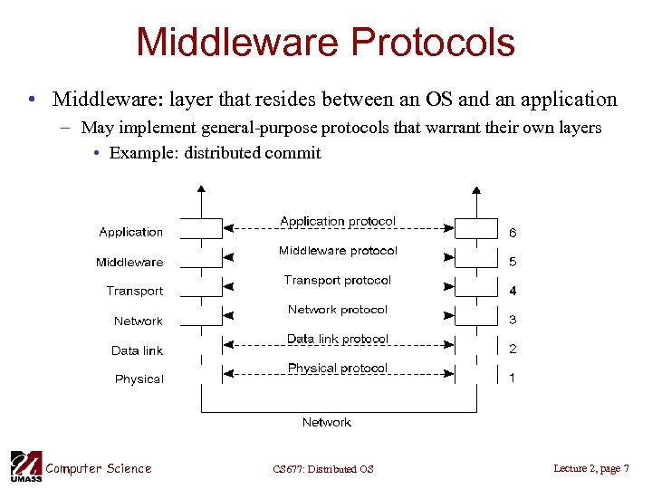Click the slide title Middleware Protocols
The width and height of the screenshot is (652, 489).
[325, 43]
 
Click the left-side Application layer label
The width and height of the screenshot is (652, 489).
[131, 233]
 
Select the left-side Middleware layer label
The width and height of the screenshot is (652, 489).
[129, 263]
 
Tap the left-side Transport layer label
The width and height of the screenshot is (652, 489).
[135, 292]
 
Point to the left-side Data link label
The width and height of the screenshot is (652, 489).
[138, 350]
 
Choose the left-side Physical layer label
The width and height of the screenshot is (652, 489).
[139, 379]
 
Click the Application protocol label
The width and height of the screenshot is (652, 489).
[338, 222]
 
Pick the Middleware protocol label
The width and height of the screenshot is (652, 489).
[338, 251]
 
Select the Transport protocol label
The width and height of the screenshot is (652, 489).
[338, 281]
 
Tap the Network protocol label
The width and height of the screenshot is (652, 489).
[338, 310]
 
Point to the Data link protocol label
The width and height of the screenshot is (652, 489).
[338, 339]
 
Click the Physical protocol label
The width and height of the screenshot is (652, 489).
[338, 369]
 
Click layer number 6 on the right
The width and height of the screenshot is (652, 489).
[513, 233]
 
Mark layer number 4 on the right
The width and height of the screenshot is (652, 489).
[513, 292]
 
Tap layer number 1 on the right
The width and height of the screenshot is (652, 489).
[513, 379]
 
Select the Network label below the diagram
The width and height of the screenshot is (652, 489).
[326, 423]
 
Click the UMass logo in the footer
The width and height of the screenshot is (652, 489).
[24, 465]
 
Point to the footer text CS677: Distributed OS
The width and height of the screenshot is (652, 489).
[323, 469]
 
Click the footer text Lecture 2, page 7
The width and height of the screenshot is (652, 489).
[591, 468]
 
